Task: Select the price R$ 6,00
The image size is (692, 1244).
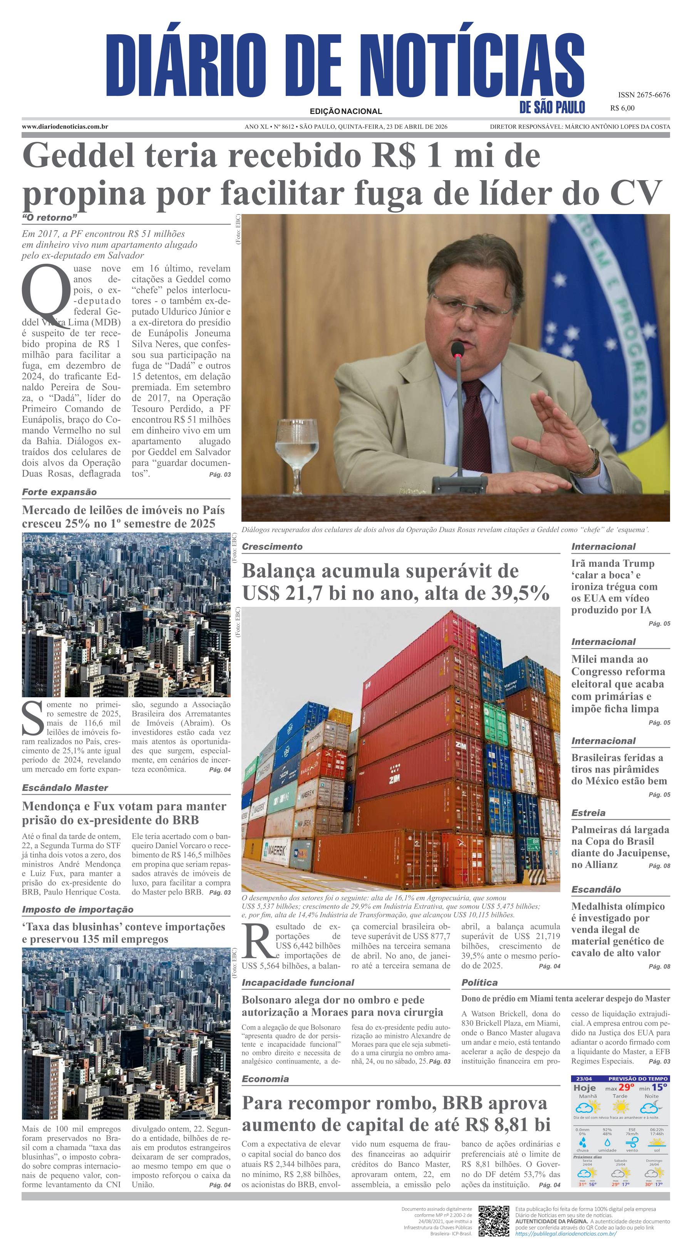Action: (622, 108)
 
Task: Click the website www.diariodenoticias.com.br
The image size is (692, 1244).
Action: (65, 127)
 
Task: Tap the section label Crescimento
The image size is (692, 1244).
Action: (272, 547)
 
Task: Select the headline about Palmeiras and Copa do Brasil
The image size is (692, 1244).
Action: (620, 847)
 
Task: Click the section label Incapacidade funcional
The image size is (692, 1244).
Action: (297, 982)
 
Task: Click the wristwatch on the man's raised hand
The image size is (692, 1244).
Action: (593, 455)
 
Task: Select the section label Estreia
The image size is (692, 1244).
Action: (588, 813)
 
